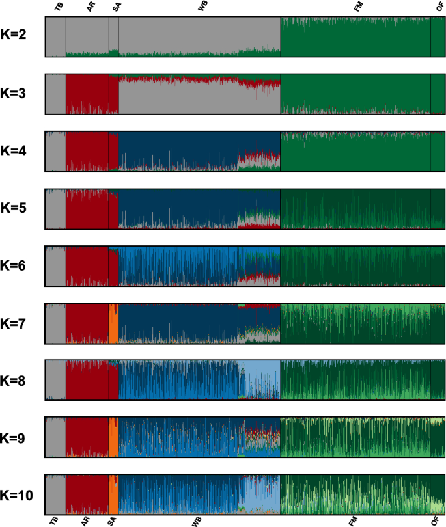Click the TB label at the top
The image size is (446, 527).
[59, 6]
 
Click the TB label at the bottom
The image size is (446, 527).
[53, 520]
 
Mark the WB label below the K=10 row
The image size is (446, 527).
[197, 520]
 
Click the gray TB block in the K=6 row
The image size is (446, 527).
[55, 266]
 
